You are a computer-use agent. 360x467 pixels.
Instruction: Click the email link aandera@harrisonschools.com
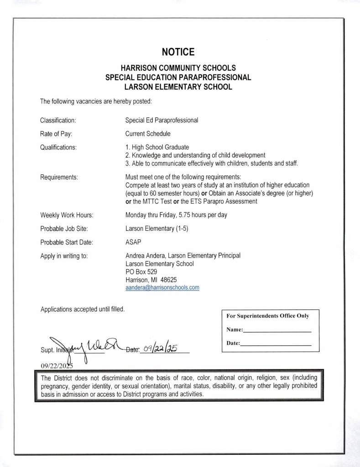(162, 288)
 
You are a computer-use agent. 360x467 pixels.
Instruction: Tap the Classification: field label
(58, 120)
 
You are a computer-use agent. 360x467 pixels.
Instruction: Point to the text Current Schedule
(147, 134)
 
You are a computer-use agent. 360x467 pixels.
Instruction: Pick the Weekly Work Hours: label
(67, 215)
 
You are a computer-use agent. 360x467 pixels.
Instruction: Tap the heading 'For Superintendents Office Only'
(268, 316)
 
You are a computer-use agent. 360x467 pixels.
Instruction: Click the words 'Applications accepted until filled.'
(83, 309)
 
